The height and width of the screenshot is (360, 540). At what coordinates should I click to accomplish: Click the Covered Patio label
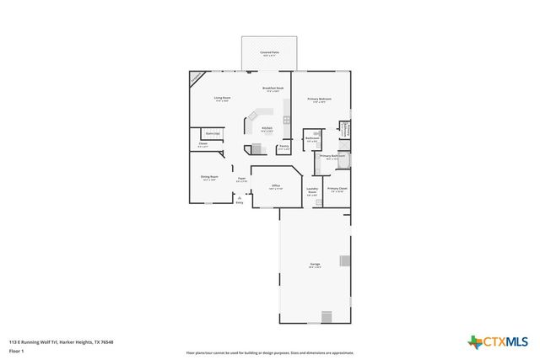(270, 51)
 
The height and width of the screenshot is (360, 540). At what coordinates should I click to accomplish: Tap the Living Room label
(222, 99)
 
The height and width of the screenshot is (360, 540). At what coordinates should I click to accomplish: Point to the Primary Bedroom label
(319, 99)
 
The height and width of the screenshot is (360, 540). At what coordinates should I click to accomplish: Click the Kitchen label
(266, 129)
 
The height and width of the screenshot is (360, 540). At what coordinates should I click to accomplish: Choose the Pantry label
(284, 148)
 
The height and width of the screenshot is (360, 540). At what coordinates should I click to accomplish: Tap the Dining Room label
(208, 177)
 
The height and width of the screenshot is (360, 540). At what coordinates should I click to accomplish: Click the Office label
(276, 186)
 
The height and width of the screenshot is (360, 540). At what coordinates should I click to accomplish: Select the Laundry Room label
(311, 192)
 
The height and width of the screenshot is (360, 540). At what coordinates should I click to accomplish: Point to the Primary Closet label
(336, 190)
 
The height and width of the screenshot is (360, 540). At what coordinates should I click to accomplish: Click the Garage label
(315, 266)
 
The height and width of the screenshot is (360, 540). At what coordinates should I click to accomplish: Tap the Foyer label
(241, 179)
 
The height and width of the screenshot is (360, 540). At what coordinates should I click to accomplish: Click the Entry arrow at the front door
(240, 198)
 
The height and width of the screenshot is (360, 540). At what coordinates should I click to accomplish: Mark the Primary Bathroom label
(332, 157)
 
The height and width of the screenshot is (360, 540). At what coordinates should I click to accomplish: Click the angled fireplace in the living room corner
(196, 78)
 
